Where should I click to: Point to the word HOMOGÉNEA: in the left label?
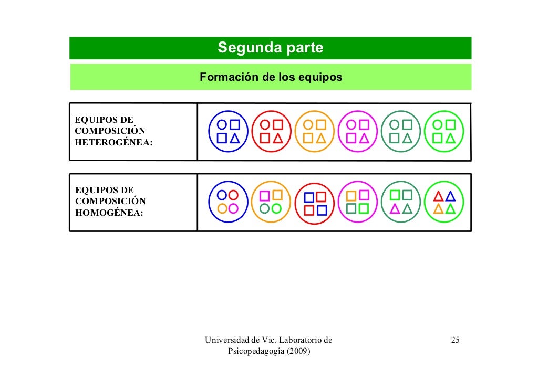(x=109, y=213)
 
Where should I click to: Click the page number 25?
(x=456, y=341)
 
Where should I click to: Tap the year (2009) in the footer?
(x=296, y=351)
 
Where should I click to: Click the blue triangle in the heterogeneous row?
(x=235, y=138)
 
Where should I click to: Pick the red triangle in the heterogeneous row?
(x=278, y=138)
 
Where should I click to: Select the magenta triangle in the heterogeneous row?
(x=364, y=138)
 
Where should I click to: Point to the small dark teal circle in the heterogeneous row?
(x=395, y=125)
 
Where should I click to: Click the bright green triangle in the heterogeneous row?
(x=450, y=138)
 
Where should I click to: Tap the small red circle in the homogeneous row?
(x=234, y=195)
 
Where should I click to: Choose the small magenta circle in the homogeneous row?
(x=234, y=208)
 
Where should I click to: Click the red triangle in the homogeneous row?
(x=438, y=196)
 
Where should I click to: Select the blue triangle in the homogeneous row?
(x=450, y=196)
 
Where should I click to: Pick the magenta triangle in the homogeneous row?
(x=395, y=209)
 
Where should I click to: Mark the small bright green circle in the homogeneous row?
(x=277, y=208)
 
